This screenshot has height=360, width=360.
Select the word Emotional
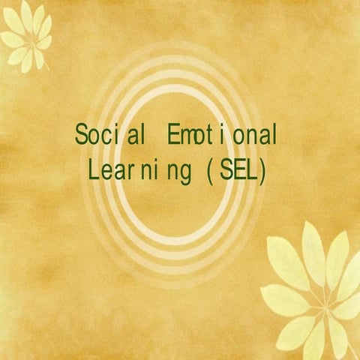click(x=223, y=136)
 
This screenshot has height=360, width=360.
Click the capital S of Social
click(x=81, y=136)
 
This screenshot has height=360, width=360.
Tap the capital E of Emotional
click(x=174, y=136)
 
